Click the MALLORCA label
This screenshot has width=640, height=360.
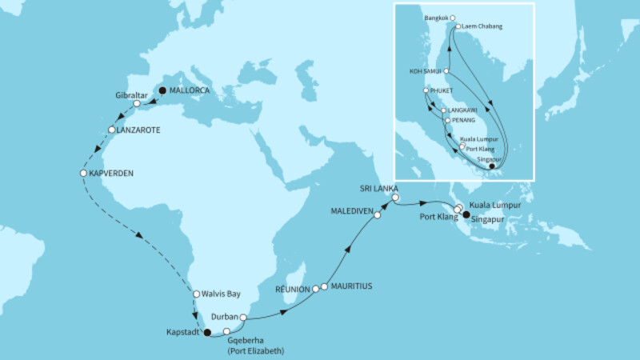click(190, 90)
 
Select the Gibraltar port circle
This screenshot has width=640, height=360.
click(138, 104)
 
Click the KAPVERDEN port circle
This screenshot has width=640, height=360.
click(83, 173)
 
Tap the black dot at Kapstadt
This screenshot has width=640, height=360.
click(206, 333)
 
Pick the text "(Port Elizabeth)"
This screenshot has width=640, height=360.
click(257, 350)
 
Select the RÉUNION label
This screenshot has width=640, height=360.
click(291, 288)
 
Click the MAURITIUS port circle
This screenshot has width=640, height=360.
click(324, 286)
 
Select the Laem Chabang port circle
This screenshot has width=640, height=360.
click(458, 26)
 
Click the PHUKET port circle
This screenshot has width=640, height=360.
click(427, 91)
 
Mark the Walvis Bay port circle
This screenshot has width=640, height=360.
click(197, 294)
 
